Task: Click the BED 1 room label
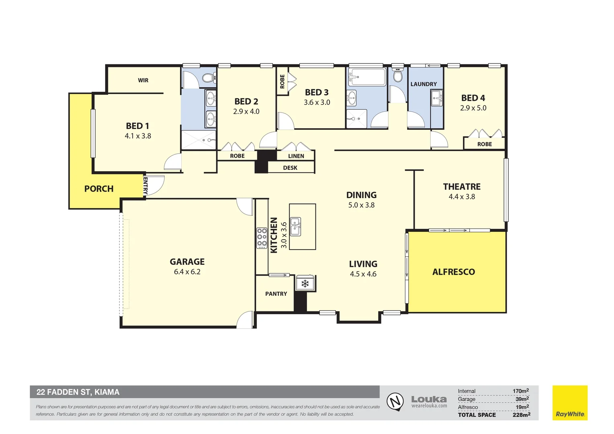click(x=137, y=126)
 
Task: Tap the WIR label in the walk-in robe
click(x=143, y=80)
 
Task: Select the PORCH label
click(x=99, y=189)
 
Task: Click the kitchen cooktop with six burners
click(x=262, y=238)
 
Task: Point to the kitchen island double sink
click(x=295, y=227)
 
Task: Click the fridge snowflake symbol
click(x=305, y=284)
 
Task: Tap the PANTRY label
click(x=276, y=294)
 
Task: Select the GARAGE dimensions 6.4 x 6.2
click(x=187, y=272)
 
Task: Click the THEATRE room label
click(x=462, y=186)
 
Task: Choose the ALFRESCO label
click(x=454, y=272)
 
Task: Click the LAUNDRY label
click(x=424, y=84)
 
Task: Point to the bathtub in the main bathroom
click(x=367, y=76)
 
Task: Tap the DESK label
click(x=290, y=168)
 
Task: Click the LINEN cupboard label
click(x=296, y=156)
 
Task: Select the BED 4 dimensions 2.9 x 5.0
click(x=473, y=108)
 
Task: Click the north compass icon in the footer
click(x=395, y=401)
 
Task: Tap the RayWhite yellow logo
click(x=570, y=403)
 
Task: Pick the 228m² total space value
click(x=521, y=415)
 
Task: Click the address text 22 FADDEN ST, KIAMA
click(x=78, y=392)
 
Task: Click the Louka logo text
click(x=429, y=399)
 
